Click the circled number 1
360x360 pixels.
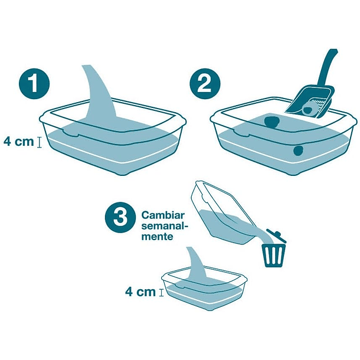(x=34, y=83)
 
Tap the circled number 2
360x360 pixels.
(x=205, y=83)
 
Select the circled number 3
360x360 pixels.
(x=120, y=217)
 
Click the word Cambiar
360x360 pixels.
(x=163, y=215)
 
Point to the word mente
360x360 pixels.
(x=157, y=236)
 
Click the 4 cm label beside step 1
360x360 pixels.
(x=19, y=142)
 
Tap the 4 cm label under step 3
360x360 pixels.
(x=140, y=292)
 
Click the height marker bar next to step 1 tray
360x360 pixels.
(x=40, y=142)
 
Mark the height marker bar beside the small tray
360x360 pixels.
(x=161, y=293)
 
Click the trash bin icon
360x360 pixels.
(x=275, y=255)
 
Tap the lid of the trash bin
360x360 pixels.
(x=276, y=236)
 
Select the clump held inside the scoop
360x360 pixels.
(x=309, y=109)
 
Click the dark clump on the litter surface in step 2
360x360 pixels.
(x=272, y=122)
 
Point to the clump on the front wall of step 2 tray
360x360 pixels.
(x=298, y=150)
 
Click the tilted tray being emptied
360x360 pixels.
(x=224, y=212)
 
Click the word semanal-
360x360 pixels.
(x=165, y=226)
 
